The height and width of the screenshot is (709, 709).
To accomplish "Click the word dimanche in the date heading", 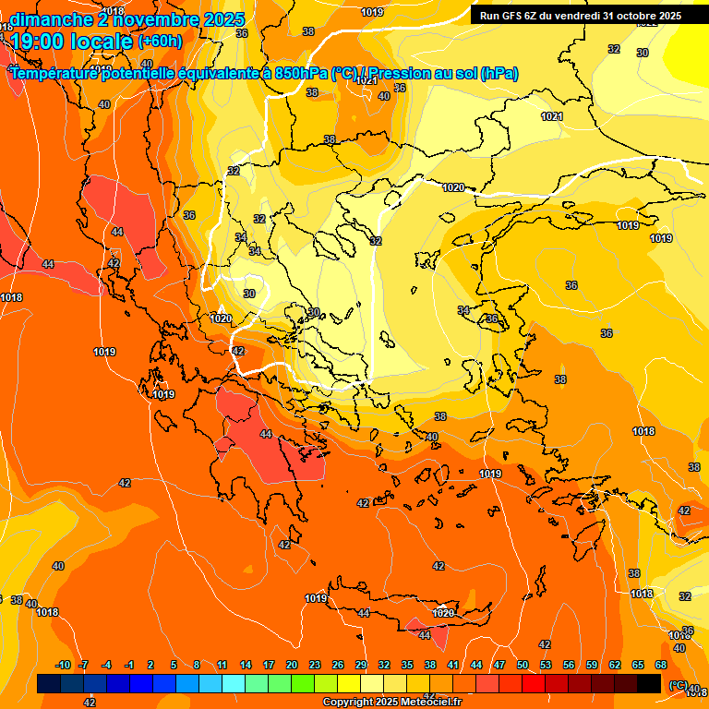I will (x=51, y=19).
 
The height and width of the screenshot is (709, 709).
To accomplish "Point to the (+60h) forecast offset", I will (x=160, y=42).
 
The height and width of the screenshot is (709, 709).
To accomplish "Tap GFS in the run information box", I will (x=512, y=15).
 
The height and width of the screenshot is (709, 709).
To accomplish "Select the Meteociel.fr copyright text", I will (x=391, y=703).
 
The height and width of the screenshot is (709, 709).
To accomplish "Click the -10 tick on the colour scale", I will (x=63, y=666).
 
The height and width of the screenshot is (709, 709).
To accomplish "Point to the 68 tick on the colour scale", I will (x=661, y=666).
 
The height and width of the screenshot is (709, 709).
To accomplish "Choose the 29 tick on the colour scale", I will (x=361, y=666).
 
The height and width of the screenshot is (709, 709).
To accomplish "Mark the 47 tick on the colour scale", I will (x=499, y=666).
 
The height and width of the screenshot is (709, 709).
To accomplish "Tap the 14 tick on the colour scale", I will (x=246, y=666).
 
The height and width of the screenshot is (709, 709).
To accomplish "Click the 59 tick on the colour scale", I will (x=592, y=666).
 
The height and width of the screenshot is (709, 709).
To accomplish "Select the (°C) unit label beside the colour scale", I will (x=678, y=685).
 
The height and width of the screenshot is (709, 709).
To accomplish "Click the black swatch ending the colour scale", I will (x=649, y=684).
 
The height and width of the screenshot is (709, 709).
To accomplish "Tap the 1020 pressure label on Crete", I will (x=443, y=613).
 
